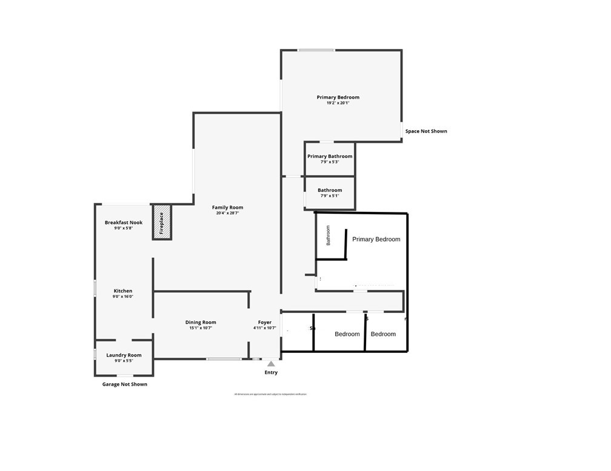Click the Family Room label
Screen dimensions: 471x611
click(227, 208)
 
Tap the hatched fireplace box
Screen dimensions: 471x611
click(162, 222)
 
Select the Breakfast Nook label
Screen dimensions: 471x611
click(124, 223)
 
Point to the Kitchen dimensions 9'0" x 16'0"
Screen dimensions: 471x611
click(123, 297)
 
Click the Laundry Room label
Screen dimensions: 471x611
click(124, 355)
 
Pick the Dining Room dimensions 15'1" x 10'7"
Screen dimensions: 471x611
click(200, 328)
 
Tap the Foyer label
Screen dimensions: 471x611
click(265, 323)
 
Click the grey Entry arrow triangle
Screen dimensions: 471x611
click(271, 363)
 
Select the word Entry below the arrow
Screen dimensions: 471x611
click(271, 372)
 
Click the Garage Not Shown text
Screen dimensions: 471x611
click(124, 384)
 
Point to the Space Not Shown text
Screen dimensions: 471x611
click(426, 131)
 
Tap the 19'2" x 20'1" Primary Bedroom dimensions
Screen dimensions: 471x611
click(338, 103)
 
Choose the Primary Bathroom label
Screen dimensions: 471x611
click(330, 156)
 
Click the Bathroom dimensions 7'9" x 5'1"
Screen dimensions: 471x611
click(330, 196)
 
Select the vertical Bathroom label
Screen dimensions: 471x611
click(329, 235)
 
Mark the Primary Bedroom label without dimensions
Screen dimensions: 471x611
click(376, 239)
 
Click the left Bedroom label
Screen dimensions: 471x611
click(347, 334)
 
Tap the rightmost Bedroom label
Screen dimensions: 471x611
click(383, 334)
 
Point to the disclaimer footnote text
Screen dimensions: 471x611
click(270, 394)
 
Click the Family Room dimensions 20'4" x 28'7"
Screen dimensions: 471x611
click(227, 213)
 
